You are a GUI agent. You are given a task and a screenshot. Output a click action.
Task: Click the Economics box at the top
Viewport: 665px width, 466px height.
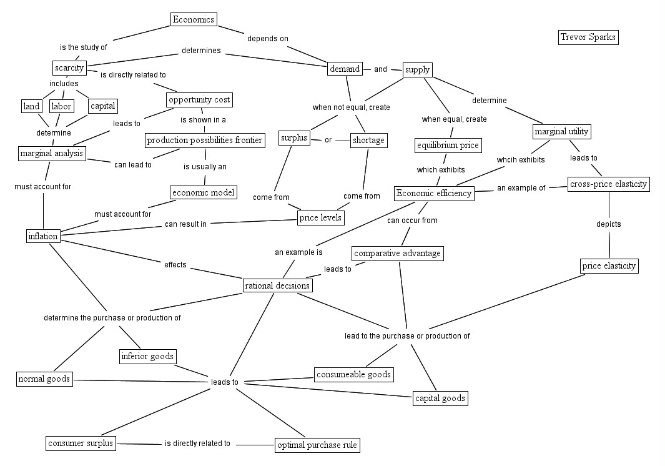point(194,19)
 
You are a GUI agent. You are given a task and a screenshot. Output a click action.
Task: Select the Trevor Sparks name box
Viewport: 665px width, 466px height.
point(588,37)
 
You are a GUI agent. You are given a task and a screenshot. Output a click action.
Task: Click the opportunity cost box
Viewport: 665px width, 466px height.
point(199,99)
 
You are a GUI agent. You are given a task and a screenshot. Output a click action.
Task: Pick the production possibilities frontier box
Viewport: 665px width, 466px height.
point(205,141)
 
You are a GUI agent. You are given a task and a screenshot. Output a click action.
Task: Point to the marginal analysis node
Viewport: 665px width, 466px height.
point(51,153)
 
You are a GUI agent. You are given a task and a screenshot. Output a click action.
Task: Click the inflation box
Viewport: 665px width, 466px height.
point(43,236)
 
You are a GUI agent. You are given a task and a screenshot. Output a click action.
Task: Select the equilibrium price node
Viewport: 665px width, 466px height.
point(448,146)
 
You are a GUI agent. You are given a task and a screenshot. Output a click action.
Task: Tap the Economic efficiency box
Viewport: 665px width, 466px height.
point(434,194)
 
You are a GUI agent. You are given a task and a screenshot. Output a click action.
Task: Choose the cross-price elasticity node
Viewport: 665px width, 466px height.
point(608,184)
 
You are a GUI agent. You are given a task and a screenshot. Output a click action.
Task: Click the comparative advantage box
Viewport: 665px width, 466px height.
point(397,253)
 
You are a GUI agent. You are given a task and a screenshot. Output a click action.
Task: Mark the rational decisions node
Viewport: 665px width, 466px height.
point(277,285)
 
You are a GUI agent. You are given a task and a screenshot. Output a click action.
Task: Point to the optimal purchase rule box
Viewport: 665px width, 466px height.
point(318,445)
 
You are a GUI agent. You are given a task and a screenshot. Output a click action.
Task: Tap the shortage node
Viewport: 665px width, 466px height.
point(368,141)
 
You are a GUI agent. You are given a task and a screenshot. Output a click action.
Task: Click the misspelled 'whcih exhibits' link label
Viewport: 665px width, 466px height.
point(520,160)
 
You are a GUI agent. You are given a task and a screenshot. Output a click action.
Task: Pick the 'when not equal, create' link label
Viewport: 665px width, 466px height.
point(351,107)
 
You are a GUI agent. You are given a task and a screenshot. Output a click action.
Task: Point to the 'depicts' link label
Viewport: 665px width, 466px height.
point(608,224)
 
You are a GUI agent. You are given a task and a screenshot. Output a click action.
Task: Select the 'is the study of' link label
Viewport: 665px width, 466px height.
point(84,47)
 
